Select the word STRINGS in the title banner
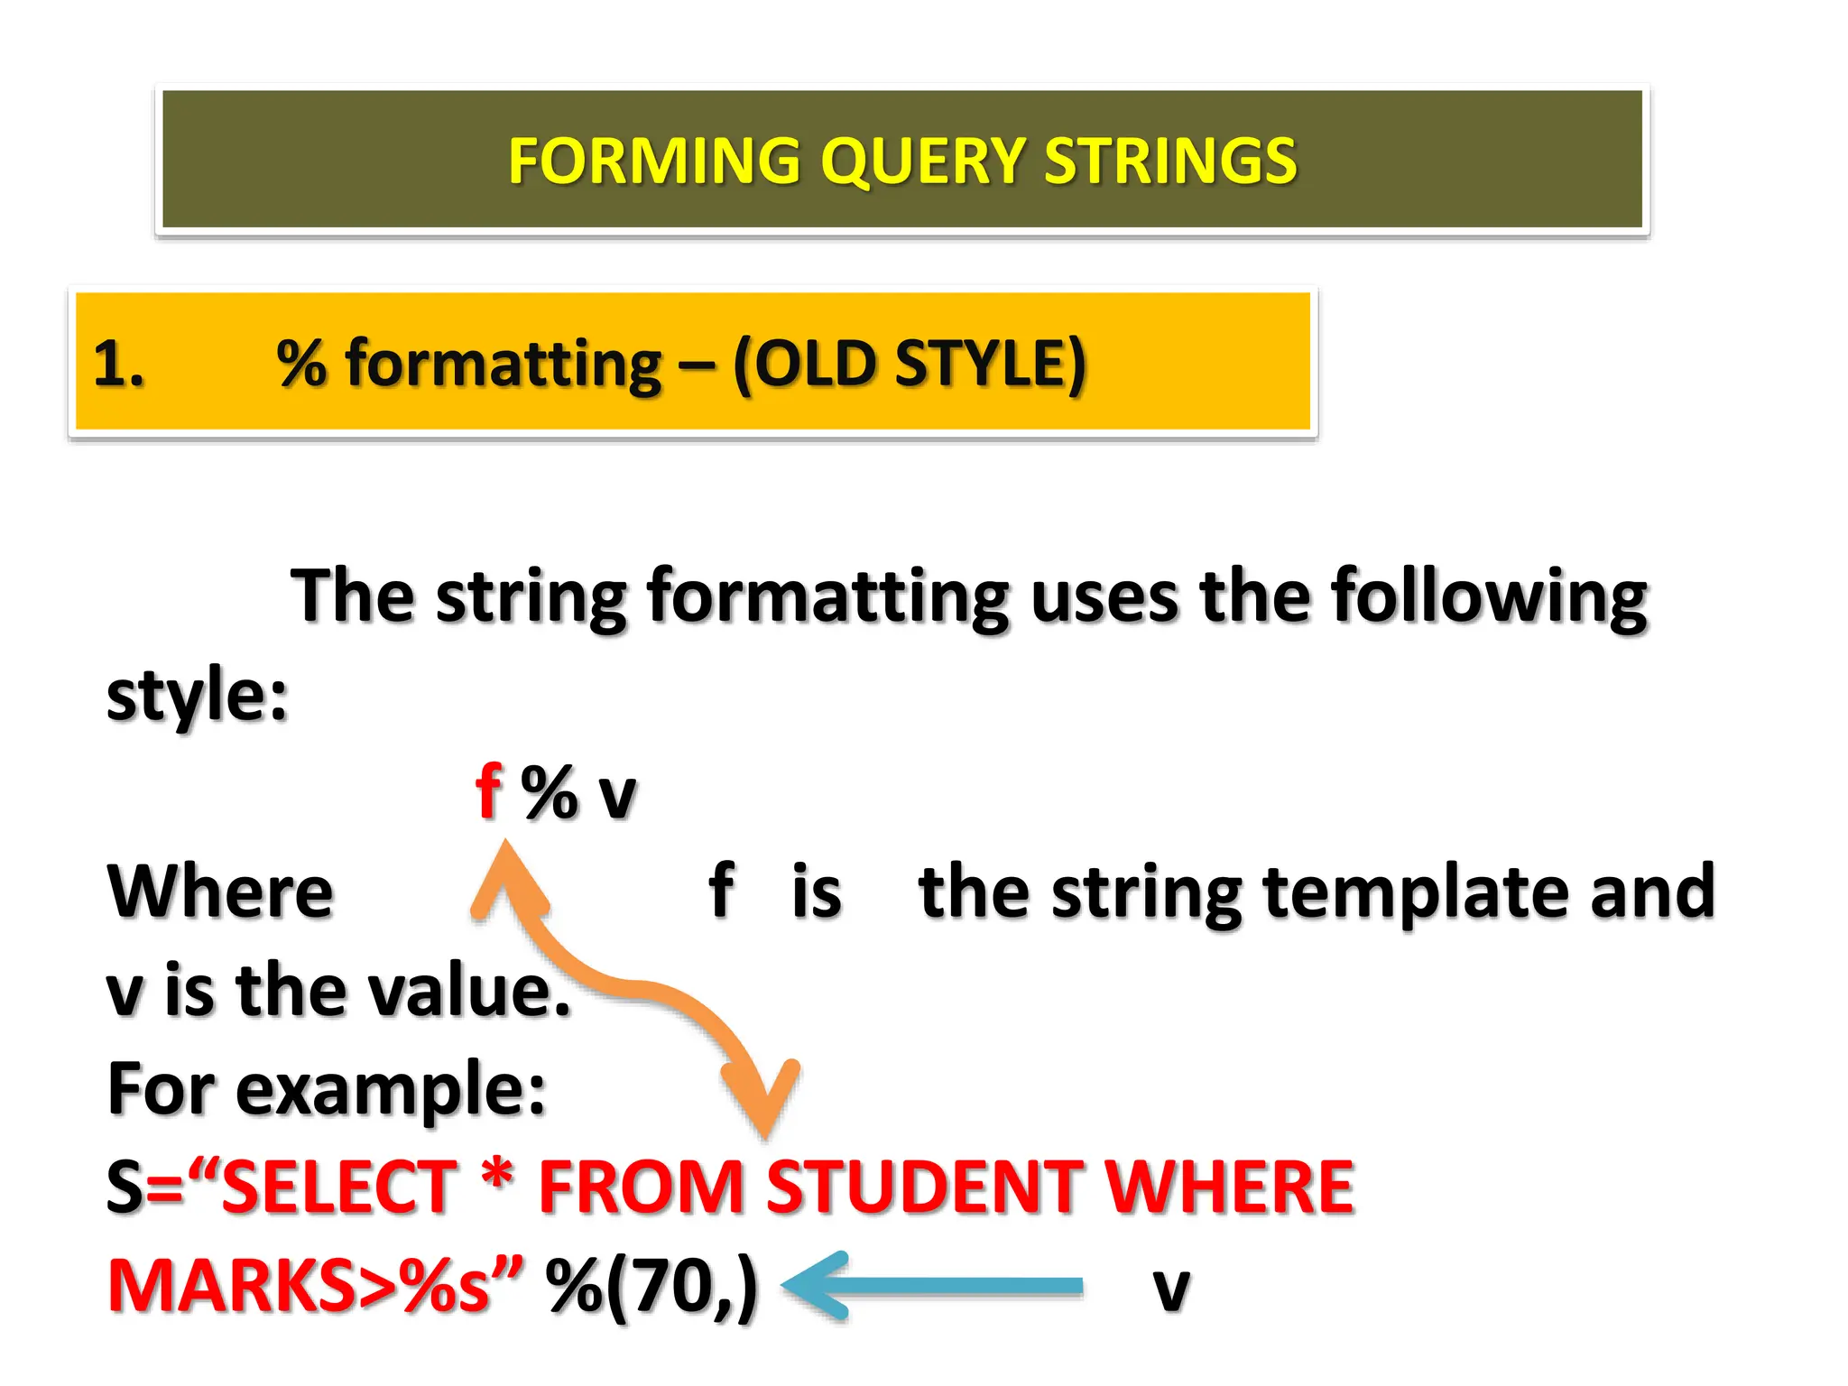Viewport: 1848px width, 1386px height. [x=1170, y=161]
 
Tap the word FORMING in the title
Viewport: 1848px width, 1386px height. [x=654, y=161]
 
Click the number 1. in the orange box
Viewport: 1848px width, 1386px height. [x=118, y=365]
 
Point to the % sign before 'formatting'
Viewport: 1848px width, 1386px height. [x=301, y=363]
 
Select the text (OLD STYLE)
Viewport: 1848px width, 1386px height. [x=910, y=365]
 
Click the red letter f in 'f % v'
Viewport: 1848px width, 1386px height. [x=488, y=791]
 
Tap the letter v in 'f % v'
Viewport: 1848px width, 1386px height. [x=617, y=796]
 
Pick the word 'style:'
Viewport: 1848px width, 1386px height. [x=197, y=697]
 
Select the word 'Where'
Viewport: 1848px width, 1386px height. [x=220, y=892]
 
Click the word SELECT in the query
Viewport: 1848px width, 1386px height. [x=339, y=1187]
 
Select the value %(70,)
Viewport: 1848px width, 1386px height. [x=651, y=1287]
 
